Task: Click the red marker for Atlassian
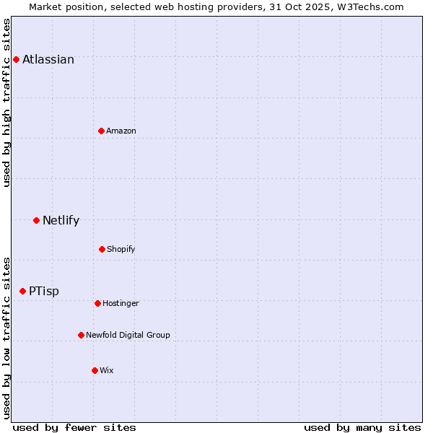click(x=16, y=59)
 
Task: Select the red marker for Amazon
click(x=101, y=131)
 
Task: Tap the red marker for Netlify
click(x=36, y=220)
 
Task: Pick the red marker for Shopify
click(x=102, y=249)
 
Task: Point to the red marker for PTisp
click(x=22, y=291)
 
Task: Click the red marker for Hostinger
click(x=97, y=303)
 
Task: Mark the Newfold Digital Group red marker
click(x=81, y=335)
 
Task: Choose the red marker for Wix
click(x=95, y=370)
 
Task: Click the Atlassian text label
click(x=48, y=60)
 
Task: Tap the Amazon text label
click(x=121, y=131)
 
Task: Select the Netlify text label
click(x=61, y=221)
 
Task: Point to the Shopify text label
click(x=121, y=250)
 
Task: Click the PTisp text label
click(x=44, y=292)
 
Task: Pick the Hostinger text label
click(x=121, y=304)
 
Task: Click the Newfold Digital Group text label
click(x=128, y=336)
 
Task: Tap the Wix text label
click(x=107, y=371)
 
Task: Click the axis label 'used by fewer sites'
click(x=74, y=427)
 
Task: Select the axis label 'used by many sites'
click(x=362, y=427)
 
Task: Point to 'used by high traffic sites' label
click(x=7, y=102)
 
